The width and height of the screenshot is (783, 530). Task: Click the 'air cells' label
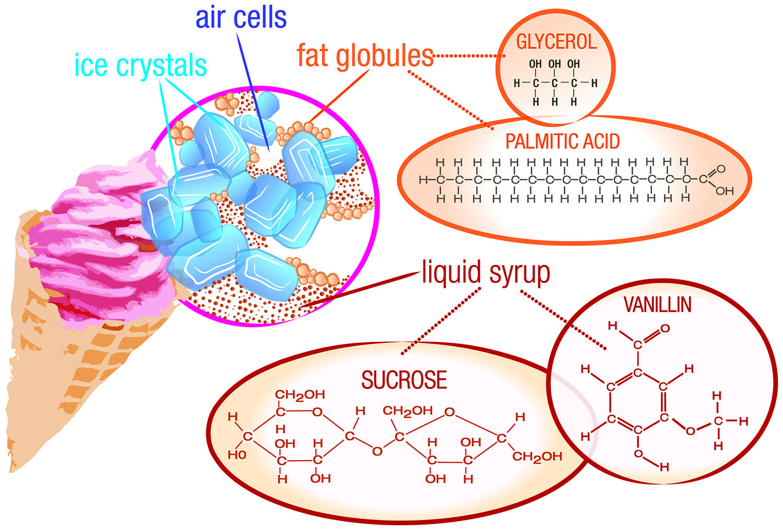tap(241, 17)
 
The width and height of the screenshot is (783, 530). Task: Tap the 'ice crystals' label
tap(140, 66)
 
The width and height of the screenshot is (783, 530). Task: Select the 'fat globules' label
tap(365, 55)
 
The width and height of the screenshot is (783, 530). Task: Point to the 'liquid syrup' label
tap(485, 272)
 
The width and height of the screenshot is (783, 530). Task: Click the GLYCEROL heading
tap(556, 42)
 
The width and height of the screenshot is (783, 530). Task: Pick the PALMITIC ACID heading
tap(562, 141)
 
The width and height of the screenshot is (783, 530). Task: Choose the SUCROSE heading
tap(404, 380)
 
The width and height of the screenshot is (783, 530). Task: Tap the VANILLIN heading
tap(657, 305)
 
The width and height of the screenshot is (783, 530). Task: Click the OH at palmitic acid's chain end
tap(724, 191)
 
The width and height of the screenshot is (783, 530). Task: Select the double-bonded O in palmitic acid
tap(721, 169)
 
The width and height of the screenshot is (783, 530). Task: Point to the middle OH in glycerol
tap(554, 64)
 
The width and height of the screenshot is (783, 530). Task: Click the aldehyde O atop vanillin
tap(665, 329)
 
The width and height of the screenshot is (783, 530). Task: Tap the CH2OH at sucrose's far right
tap(537, 457)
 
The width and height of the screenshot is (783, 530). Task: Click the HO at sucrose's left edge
tap(236, 455)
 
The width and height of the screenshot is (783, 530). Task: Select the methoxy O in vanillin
tap(690, 431)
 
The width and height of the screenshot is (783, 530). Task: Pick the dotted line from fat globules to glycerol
tap(467, 55)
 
